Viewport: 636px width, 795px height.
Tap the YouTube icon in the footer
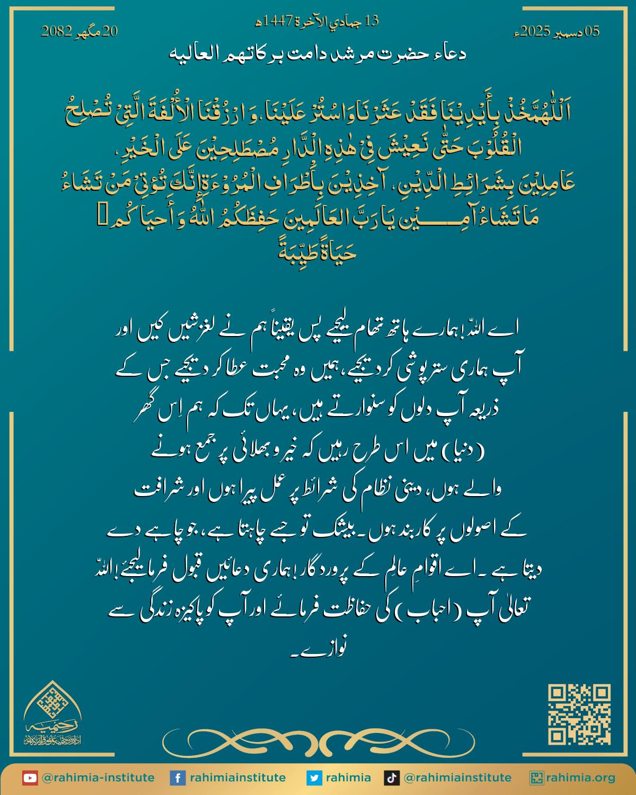tap(30, 778)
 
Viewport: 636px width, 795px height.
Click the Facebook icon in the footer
tap(178, 778)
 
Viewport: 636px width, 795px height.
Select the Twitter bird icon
tap(315, 778)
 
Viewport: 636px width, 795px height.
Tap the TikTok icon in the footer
tap(392, 778)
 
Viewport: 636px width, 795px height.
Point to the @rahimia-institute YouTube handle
tap(98, 778)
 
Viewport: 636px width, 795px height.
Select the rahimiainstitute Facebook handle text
tap(238, 778)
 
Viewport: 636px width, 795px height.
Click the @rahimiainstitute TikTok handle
tap(457, 778)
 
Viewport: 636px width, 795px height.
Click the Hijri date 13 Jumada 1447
tap(318, 22)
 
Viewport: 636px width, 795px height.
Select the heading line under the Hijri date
tap(317, 54)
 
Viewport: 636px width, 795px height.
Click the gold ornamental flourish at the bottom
tap(319, 738)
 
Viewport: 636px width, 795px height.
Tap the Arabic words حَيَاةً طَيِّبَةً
tap(317, 251)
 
